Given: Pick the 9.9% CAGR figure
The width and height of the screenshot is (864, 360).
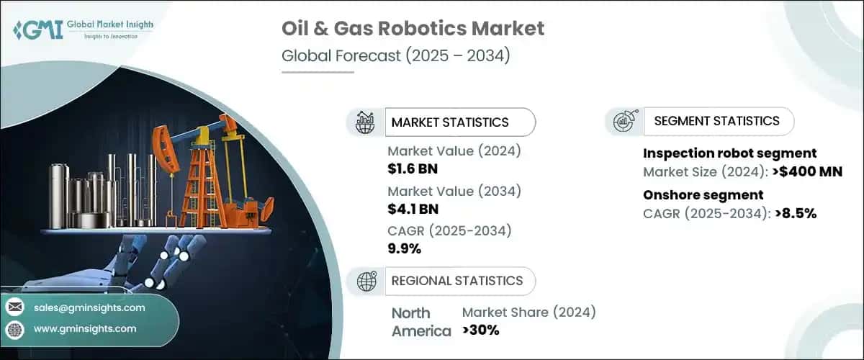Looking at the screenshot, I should click(x=404, y=248).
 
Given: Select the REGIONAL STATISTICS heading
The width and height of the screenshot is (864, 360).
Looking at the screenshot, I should click(x=456, y=280).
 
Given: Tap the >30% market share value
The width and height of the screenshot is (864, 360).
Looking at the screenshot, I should click(x=480, y=330).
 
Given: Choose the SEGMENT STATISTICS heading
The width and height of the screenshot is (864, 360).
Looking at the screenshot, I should click(x=716, y=121).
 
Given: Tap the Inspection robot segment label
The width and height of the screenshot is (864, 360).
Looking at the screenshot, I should click(x=729, y=153).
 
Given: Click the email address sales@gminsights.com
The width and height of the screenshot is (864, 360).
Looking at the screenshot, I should click(x=89, y=307).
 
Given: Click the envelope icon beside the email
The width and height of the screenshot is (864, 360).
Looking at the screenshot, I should click(x=14, y=307).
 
